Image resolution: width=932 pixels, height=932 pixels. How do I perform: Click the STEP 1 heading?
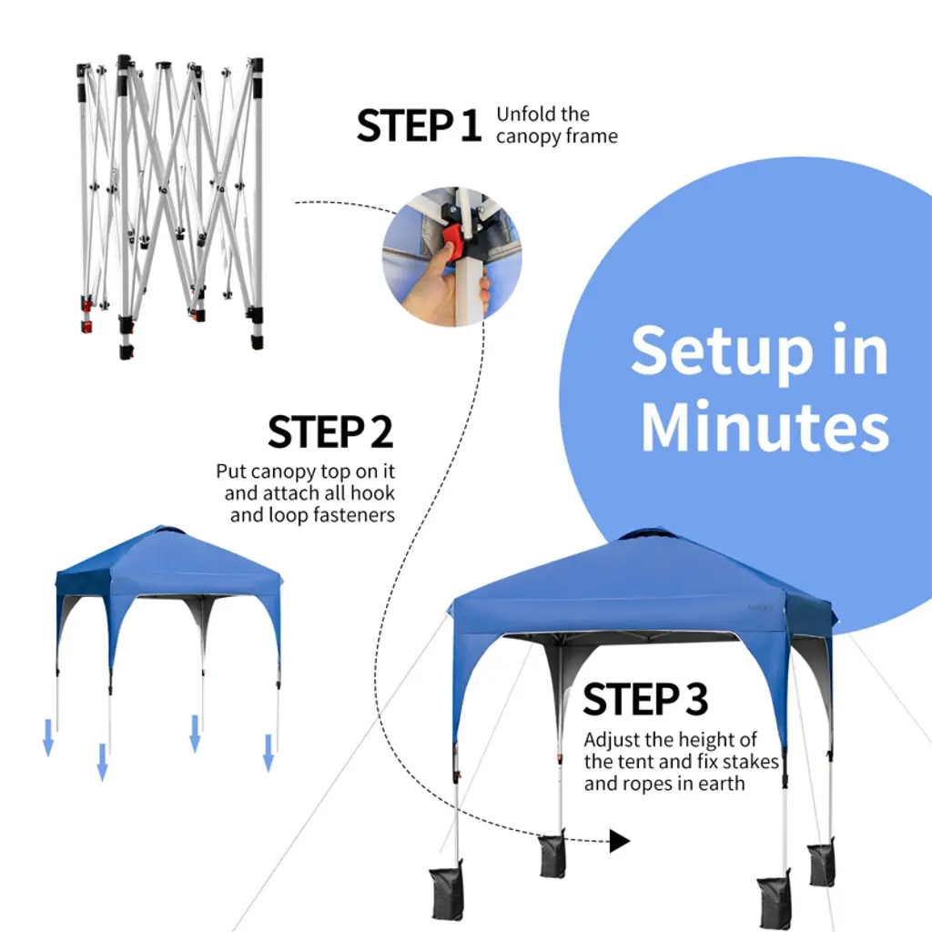[x=419, y=126]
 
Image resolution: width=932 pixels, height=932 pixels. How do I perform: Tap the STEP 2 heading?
[x=330, y=432]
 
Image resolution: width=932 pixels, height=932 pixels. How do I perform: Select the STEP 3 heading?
[x=645, y=699]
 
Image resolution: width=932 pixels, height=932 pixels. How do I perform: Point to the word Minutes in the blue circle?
[x=765, y=426]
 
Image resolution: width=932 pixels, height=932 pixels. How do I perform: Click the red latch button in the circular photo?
[x=454, y=242]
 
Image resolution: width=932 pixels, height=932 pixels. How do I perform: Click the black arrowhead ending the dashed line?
[x=619, y=841]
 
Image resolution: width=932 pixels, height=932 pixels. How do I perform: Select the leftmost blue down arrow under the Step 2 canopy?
[x=48, y=737]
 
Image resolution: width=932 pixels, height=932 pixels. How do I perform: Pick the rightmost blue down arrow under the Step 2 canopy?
[x=268, y=753]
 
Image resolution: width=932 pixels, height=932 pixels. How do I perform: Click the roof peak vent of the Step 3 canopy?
[x=648, y=533]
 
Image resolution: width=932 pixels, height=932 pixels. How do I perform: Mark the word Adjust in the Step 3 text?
[x=612, y=740]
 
